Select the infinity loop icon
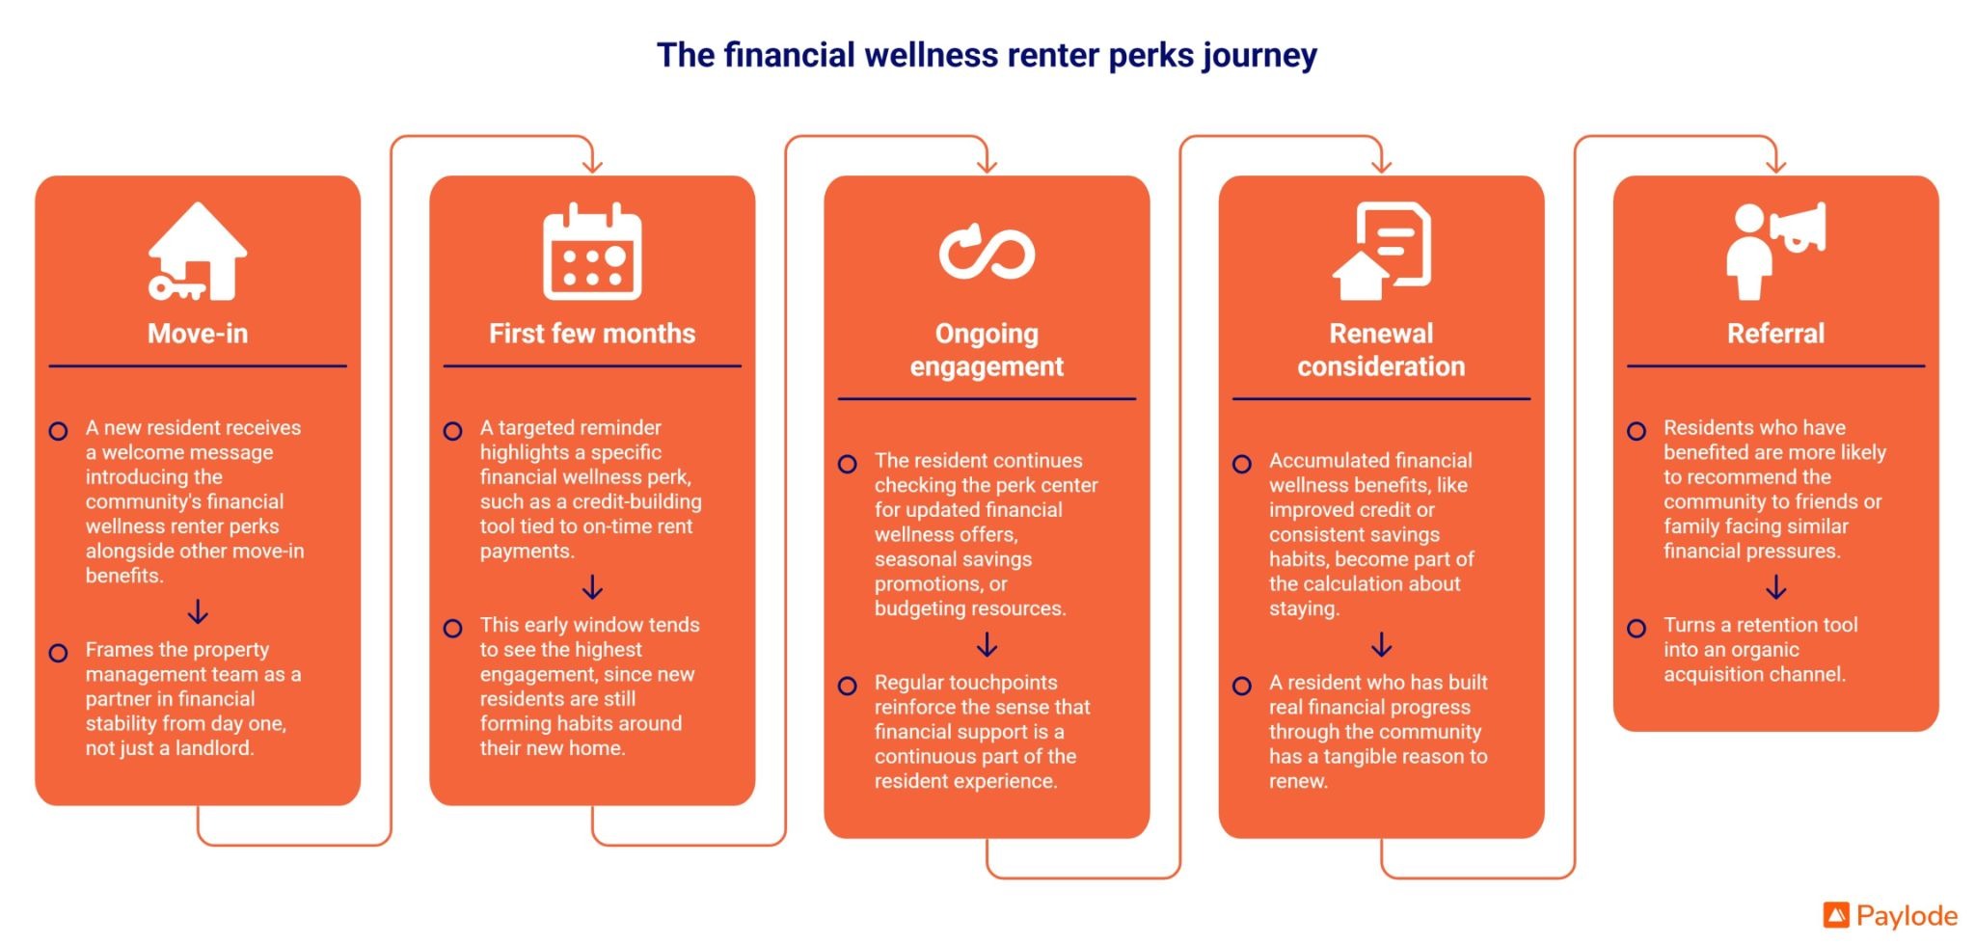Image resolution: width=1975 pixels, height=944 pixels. [x=987, y=252]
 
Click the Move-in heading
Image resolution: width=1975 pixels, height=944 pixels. [x=198, y=334]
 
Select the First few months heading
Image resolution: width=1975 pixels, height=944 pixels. [x=592, y=334]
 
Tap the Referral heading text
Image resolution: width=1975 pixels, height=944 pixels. [x=1775, y=334]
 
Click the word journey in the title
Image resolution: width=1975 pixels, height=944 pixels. [x=1259, y=56]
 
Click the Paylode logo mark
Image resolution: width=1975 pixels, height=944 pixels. [x=1836, y=914]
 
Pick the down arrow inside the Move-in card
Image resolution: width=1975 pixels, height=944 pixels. [x=198, y=611]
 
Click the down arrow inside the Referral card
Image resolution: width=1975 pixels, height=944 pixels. [x=1775, y=586]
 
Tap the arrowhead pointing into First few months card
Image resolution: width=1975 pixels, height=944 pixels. [x=592, y=167]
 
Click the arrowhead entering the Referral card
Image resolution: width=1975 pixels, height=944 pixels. [x=1775, y=167]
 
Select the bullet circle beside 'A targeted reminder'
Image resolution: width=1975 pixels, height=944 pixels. [x=452, y=431]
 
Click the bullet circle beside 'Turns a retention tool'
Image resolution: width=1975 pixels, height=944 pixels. [x=1637, y=629]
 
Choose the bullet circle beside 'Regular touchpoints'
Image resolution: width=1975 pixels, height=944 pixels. [x=847, y=686]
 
